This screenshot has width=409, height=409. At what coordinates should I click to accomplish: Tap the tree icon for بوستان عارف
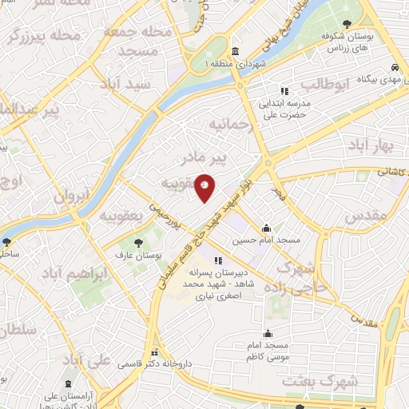[x=141, y=241]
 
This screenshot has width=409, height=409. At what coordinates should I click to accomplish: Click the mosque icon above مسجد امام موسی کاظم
[x=268, y=334]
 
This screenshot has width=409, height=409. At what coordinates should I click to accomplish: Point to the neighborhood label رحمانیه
[x=230, y=125]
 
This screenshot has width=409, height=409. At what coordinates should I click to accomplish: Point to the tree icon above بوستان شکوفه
[x=345, y=25]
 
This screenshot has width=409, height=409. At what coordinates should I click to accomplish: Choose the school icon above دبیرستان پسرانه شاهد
[x=217, y=259]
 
